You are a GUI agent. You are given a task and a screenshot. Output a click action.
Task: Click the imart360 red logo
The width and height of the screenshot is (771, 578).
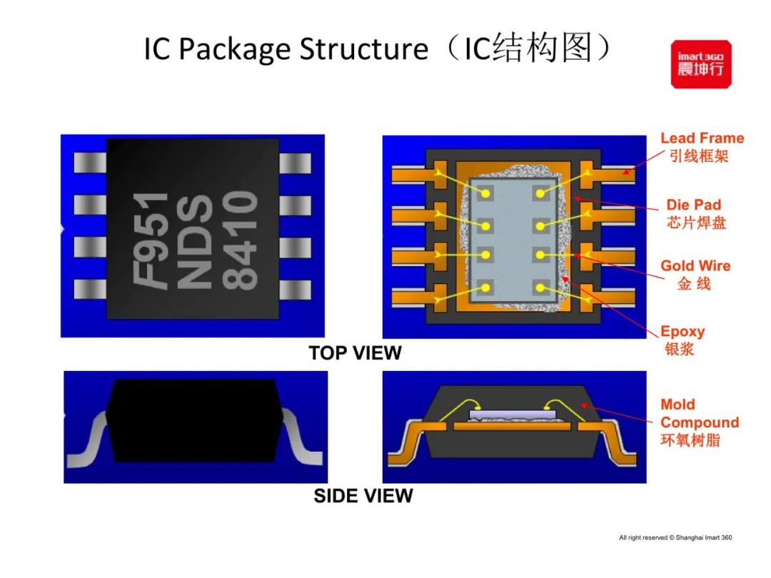pos(700,64)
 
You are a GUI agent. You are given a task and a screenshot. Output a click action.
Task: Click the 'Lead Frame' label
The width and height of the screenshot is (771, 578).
pos(702,138)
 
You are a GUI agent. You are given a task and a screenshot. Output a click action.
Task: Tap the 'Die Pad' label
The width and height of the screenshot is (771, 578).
pos(693,206)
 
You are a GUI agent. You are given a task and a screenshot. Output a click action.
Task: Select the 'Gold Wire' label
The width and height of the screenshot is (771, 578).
pos(695,266)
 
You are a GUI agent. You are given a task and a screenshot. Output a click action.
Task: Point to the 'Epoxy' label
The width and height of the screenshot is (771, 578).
pos(682,332)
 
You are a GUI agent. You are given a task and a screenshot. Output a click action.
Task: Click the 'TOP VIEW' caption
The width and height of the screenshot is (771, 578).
pos(355,353)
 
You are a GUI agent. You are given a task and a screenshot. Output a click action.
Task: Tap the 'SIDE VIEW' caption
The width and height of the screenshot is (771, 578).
pos(363,496)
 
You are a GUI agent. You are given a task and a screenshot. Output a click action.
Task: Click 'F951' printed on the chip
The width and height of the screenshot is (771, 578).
pos(152,240)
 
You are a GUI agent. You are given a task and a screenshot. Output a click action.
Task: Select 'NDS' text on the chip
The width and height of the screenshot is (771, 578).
pos(194,240)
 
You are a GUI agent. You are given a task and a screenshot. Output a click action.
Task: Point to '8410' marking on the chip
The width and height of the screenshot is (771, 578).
pos(239,240)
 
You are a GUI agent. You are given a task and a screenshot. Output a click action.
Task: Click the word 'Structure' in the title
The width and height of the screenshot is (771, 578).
pos(362,50)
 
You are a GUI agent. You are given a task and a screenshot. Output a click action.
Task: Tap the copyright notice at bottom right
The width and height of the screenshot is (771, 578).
pos(675,537)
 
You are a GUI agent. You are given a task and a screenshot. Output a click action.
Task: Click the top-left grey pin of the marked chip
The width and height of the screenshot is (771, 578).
pos(90,164)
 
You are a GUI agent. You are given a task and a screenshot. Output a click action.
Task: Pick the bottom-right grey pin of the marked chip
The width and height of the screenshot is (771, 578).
pos(295,289)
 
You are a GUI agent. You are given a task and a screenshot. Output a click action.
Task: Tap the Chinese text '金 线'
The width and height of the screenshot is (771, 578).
pos(694,284)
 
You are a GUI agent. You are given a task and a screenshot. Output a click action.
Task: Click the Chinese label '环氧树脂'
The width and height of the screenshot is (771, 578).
pos(690,440)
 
